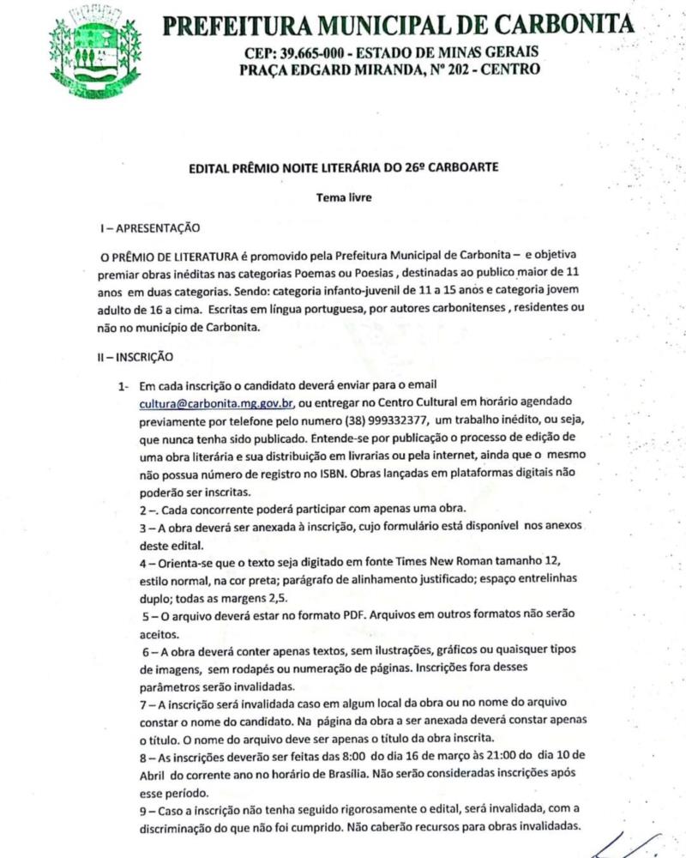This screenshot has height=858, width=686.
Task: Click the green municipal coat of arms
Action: [x=94, y=50]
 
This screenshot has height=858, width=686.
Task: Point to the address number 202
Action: [x=456, y=69]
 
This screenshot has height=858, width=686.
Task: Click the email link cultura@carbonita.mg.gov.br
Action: [x=217, y=402]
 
